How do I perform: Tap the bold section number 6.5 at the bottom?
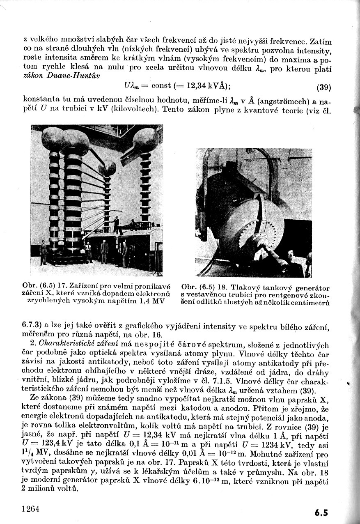coord(321,512)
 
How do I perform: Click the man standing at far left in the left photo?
coord(43,253)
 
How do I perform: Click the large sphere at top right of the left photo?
coord(146,139)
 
